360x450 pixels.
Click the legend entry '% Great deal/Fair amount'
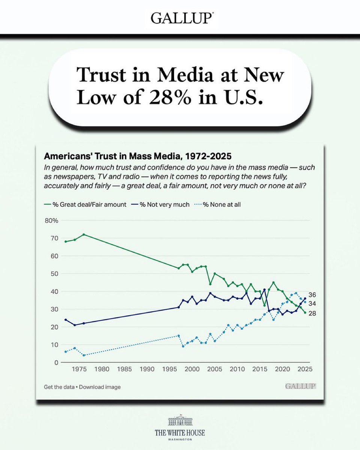click(85, 204)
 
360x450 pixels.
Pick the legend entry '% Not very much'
click(162, 204)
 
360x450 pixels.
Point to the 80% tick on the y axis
click(51, 220)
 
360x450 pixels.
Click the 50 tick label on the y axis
click(54, 274)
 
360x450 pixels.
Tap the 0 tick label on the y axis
click(56, 363)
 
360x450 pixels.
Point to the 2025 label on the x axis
click(305, 369)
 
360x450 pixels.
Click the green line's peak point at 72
click(84, 234)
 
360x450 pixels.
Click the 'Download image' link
click(100, 387)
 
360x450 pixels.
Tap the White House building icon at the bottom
click(180, 421)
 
